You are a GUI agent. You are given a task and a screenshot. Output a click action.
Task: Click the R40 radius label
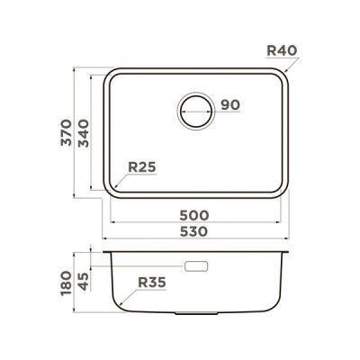(282, 50)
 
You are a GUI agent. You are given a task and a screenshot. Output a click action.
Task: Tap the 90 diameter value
(229, 105)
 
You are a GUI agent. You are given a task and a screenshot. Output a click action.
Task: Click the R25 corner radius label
(143, 166)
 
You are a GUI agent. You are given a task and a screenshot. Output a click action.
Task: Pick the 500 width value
(194, 216)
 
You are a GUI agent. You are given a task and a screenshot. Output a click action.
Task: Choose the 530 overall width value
(194, 231)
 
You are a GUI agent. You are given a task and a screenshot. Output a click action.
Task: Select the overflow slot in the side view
(195, 266)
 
